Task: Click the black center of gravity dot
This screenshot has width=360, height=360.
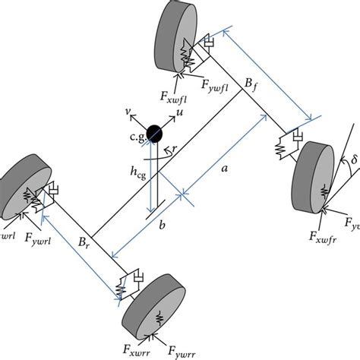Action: pos(154,134)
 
